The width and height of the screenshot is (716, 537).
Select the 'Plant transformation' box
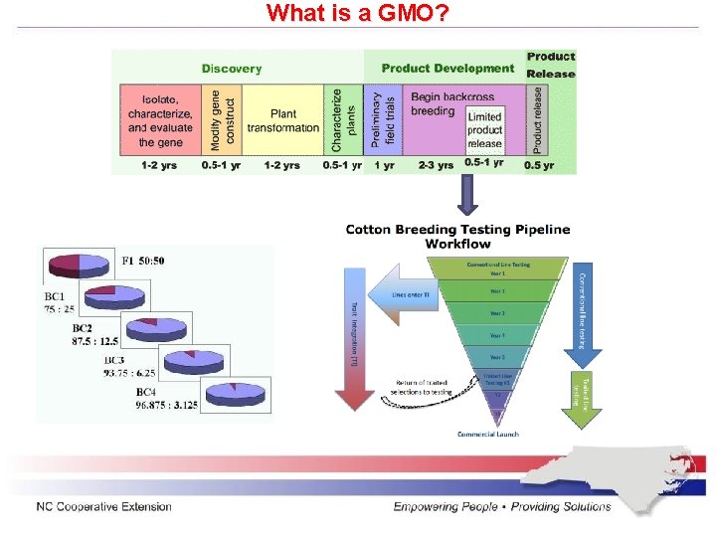click(x=283, y=120)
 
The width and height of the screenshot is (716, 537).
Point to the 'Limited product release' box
click(x=484, y=130)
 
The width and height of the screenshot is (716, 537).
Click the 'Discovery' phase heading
click(x=232, y=69)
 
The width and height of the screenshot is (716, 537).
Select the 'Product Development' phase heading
click(x=447, y=69)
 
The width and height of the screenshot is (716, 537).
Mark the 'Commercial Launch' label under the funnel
click(x=487, y=435)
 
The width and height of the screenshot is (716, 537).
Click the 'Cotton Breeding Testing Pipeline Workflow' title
click(x=457, y=237)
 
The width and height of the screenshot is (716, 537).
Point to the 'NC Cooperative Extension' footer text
click(x=104, y=507)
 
